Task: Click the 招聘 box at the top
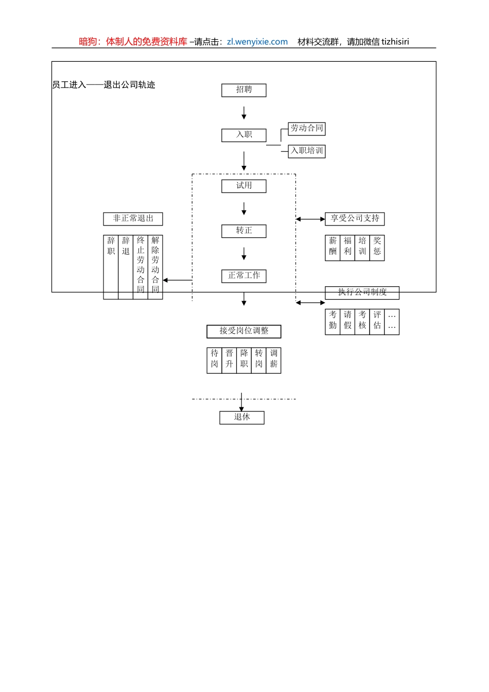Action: pyautogui.click(x=243, y=90)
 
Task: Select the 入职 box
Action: pyautogui.click(x=243, y=135)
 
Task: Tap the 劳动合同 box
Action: pyautogui.click(x=306, y=129)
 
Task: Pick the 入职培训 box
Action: pyautogui.click(x=306, y=151)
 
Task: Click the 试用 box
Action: pyautogui.click(x=243, y=186)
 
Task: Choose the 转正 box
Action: pyautogui.click(x=243, y=231)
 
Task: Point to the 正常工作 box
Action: pyautogui.click(x=243, y=276)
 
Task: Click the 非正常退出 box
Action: pyautogui.click(x=133, y=219)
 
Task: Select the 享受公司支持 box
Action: pyautogui.click(x=355, y=219)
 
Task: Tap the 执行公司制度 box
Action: pyautogui.click(x=362, y=292)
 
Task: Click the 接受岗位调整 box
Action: pyautogui.click(x=243, y=331)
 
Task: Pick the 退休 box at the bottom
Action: pyautogui.click(x=241, y=418)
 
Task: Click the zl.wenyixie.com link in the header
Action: pyautogui.click(x=257, y=42)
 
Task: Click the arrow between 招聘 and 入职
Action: pyautogui.click(x=243, y=113)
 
